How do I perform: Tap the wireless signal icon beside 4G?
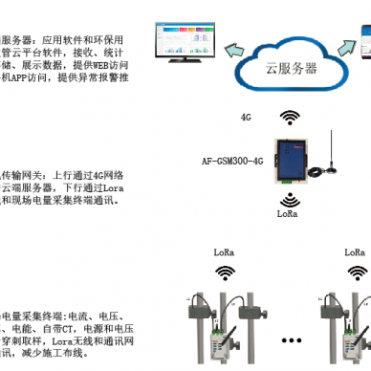[288, 116]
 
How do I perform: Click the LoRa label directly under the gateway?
[288, 217]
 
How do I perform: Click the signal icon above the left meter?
[225, 272]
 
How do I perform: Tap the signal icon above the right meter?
[356, 272]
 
